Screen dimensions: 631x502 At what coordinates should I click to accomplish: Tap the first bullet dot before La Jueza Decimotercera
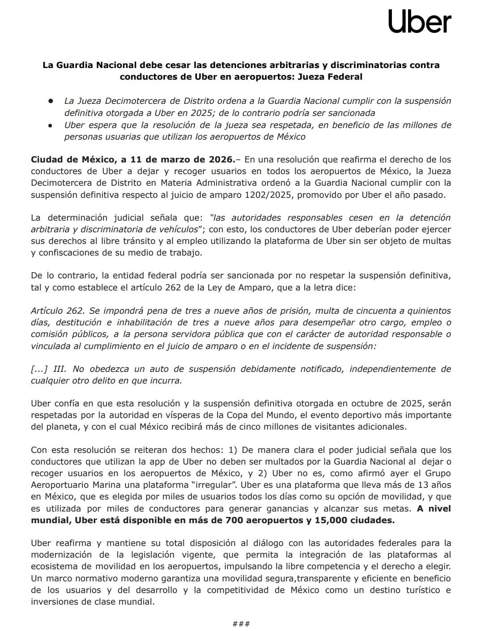click(x=51, y=101)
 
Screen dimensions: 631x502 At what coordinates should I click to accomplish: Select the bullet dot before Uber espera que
click(x=51, y=125)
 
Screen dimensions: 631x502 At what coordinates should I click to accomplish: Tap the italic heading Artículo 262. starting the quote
click(x=57, y=311)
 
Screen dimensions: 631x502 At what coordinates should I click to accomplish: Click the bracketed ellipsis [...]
click(x=39, y=369)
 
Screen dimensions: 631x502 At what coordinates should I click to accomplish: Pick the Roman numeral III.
click(x=59, y=369)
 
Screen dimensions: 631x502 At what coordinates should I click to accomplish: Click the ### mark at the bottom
click(x=241, y=624)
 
